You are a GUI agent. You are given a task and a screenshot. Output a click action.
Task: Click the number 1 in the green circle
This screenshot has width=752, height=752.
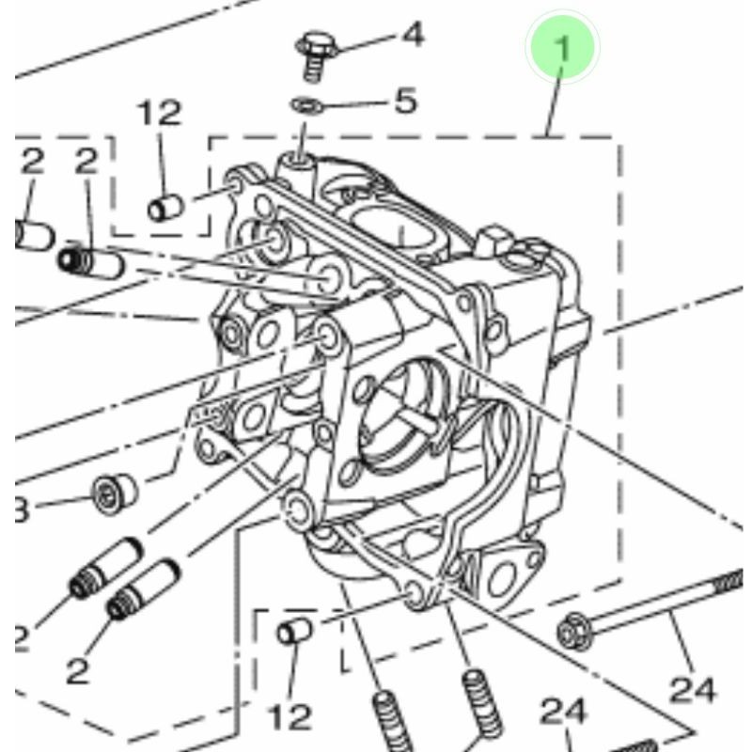[562, 47]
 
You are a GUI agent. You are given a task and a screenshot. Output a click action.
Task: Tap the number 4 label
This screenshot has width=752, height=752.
[412, 36]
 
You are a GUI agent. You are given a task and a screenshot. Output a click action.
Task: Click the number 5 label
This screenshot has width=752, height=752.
[405, 100]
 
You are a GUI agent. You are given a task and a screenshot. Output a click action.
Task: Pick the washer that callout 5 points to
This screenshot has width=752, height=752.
[304, 102]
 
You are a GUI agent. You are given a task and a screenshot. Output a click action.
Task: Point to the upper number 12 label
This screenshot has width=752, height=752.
[160, 114]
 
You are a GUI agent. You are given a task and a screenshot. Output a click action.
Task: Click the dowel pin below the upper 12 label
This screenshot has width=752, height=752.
[164, 207]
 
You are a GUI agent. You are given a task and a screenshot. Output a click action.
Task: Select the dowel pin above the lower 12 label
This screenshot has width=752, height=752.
[294, 630]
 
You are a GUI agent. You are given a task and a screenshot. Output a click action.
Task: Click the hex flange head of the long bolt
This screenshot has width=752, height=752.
[572, 632]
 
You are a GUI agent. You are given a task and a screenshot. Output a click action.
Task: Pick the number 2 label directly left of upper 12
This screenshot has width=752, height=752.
[86, 161]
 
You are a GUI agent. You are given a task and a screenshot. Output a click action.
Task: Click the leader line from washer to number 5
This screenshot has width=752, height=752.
[352, 102]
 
